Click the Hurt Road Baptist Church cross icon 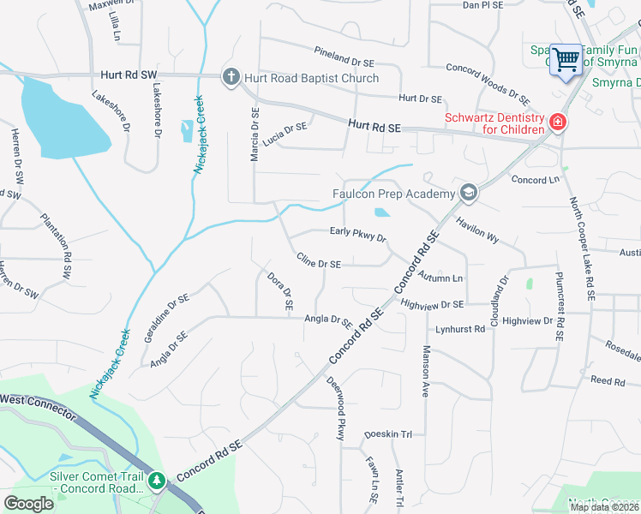click(231, 78)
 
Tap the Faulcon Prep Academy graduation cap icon click(468, 194)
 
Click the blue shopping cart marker click(566, 60)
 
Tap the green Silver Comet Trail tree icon click(157, 481)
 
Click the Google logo click(29, 504)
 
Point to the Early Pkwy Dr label click(358, 234)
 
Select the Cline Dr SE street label click(319, 261)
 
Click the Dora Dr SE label click(280, 291)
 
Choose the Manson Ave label click(424, 371)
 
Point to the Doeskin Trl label click(388, 434)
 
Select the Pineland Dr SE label click(344, 57)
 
